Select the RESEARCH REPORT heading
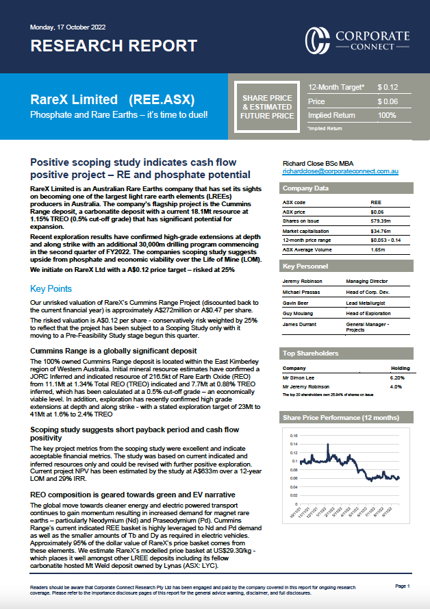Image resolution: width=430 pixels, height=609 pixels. (x=114, y=46)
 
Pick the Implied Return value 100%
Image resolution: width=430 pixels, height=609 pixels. (x=387, y=115)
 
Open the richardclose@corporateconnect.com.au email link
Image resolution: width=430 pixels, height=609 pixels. (x=340, y=171)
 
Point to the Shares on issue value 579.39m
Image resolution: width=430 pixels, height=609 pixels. (x=381, y=221)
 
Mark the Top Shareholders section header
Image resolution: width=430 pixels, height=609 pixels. (x=310, y=353)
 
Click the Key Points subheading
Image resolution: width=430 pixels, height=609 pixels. (x=51, y=288)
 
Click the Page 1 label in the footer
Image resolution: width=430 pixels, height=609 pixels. (x=402, y=586)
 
